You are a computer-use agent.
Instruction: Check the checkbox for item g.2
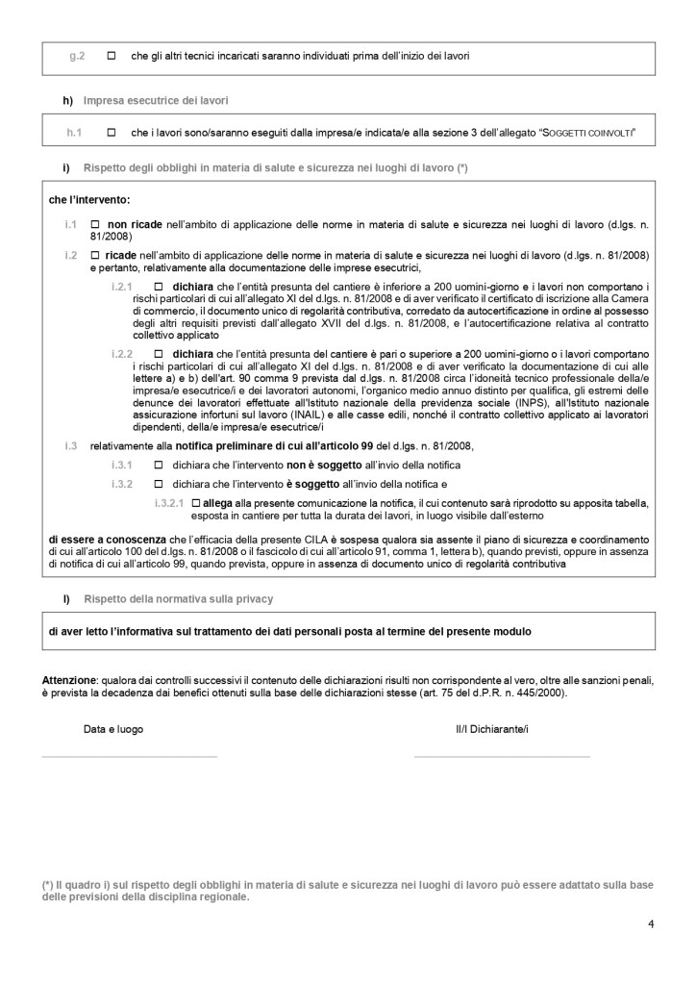coord(112,57)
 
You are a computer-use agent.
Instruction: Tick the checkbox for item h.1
coord(112,131)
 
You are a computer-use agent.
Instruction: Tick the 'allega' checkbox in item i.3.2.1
coord(196,503)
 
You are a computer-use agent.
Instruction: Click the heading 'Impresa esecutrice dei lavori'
coord(156,100)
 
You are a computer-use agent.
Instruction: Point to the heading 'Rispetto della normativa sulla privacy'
coord(178,599)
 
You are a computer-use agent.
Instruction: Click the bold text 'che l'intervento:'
coord(88,201)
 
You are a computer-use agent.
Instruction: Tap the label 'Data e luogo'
coord(113,730)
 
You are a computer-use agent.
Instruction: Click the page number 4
coord(651,925)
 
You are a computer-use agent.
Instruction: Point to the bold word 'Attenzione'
coord(70,680)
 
